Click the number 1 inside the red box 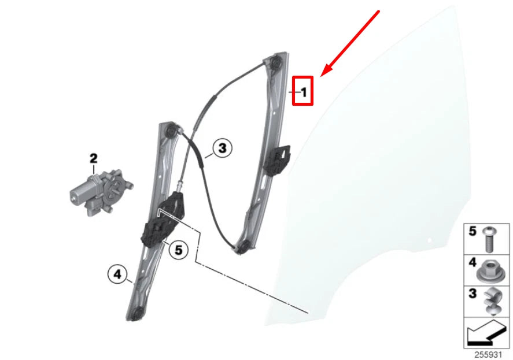[x=304, y=91]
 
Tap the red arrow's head [x=323, y=73]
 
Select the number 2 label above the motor [x=93, y=158]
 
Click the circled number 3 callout [x=222, y=149]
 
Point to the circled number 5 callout [x=178, y=250]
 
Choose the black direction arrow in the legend [x=485, y=334]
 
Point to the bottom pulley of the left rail [x=137, y=314]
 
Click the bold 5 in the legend [x=472, y=231]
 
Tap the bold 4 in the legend [x=472, y=263]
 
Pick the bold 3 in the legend [x=472, y=294]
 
